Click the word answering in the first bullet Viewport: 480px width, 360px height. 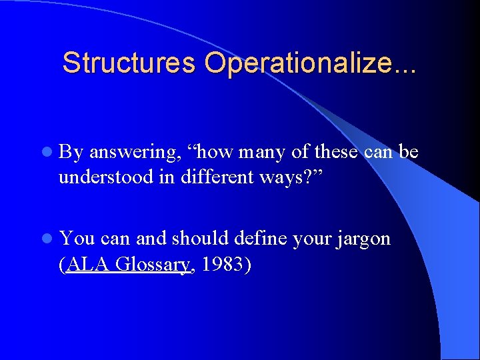(x=133, y=153)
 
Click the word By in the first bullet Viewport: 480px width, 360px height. (x=71, y=153)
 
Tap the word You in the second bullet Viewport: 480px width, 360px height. (x=76, y=239)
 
